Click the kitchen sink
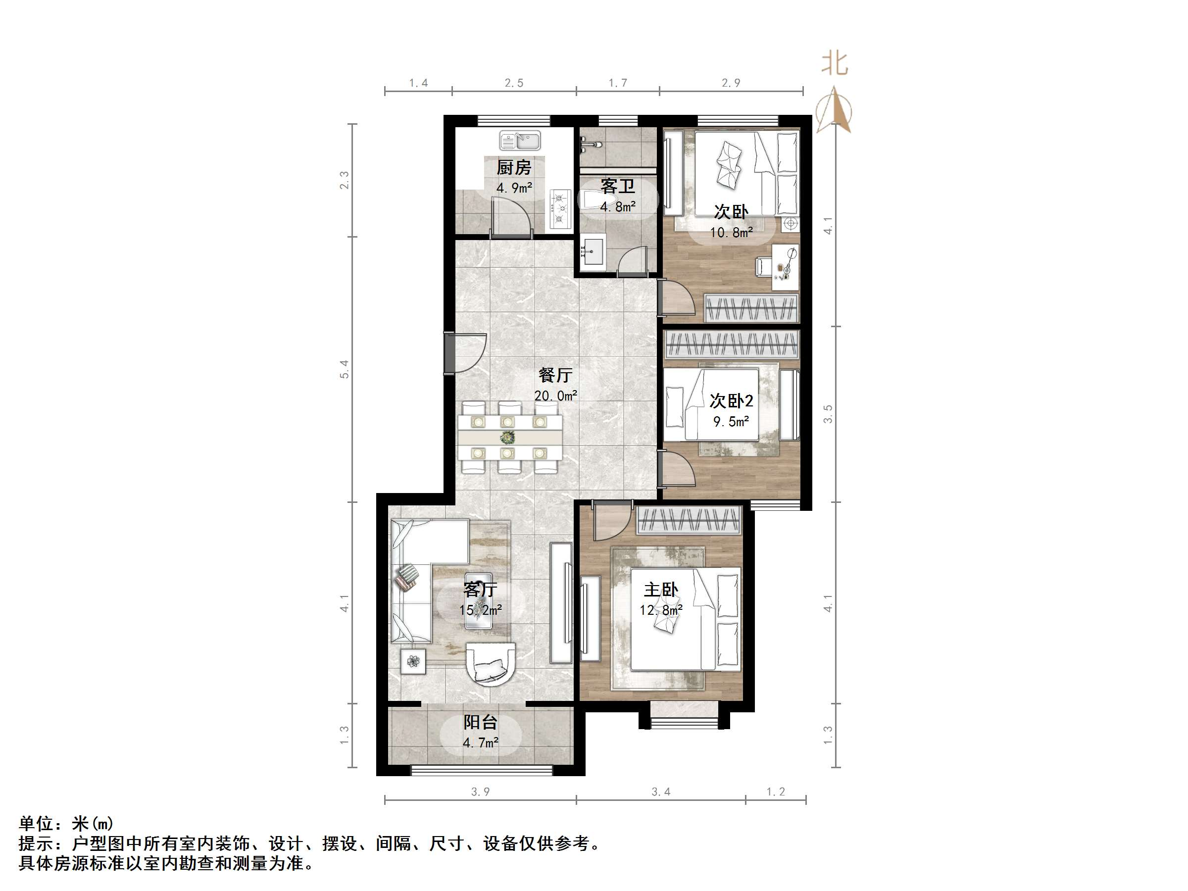point(520,141)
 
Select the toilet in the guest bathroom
point(592,200)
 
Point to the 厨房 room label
point(513,168)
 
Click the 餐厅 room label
point(555,374)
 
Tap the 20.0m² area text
point(555,396)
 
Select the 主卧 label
point(661,590)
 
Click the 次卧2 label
point(731,400)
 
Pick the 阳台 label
point(480,722)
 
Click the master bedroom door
point(612,521)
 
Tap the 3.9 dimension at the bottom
point(480,792)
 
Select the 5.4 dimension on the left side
point(344,369)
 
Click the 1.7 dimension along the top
point(618,83)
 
